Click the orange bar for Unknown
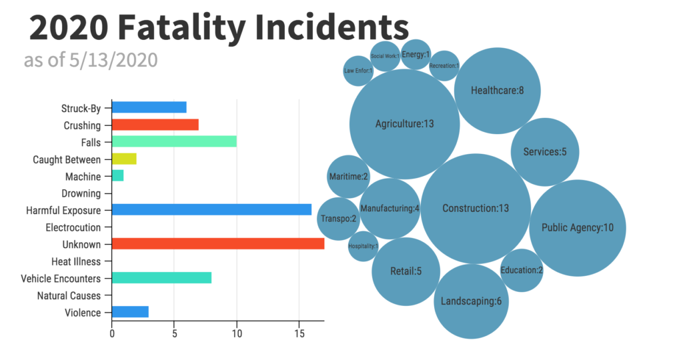coord(217,244)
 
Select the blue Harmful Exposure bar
coord(211,210)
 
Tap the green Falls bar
coord(174,141)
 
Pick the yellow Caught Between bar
coord(124,159)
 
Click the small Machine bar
coord(118,176)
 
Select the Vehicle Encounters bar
coord(161,278)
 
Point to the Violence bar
coord(130,312)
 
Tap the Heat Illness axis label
coord(76,261)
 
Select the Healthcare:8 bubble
coord(497,91)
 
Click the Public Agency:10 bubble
coord(577,228)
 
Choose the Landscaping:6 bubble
coord(471,301)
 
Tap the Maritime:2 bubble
coord(348,177)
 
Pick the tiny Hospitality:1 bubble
coord(363,246)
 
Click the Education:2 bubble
coord(522,270)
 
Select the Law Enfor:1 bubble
coord(358,71)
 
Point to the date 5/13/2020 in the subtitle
coord(113,60)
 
